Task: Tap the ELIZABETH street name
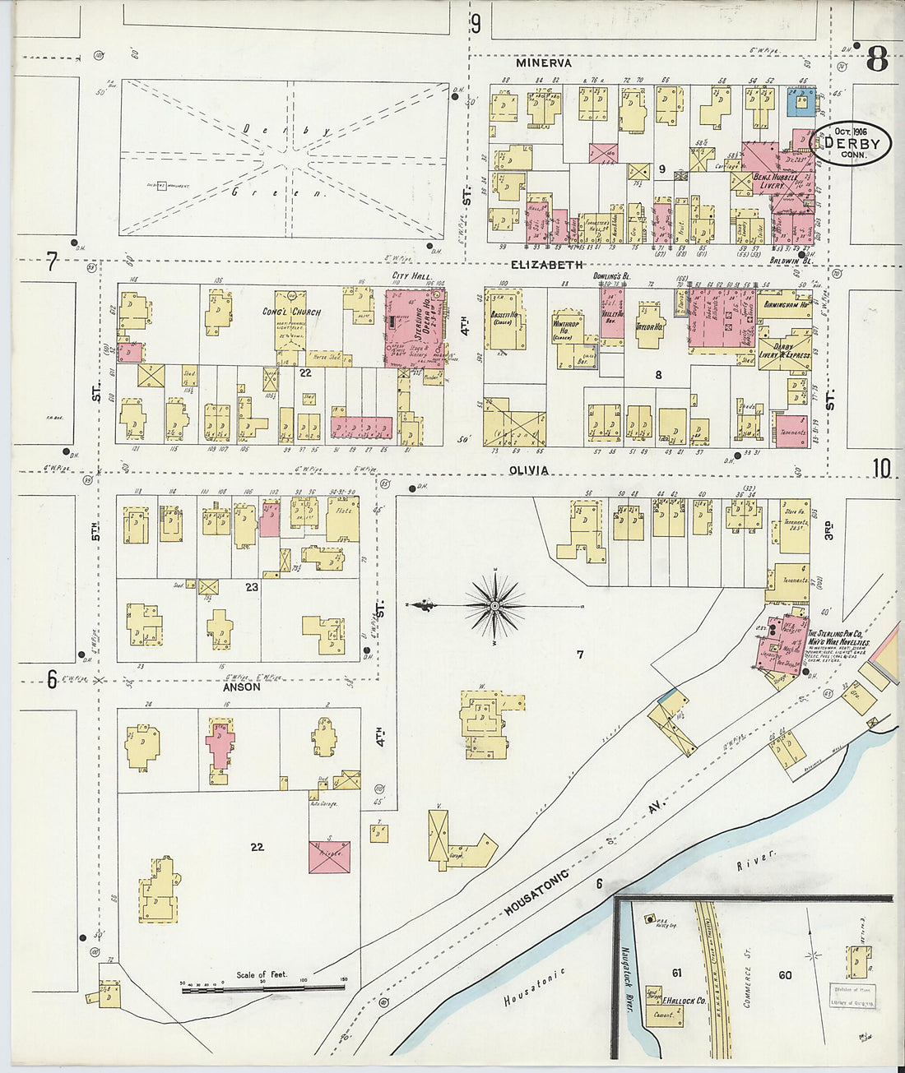546,265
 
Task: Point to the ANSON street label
241,687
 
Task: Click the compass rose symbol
494,607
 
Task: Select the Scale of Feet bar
262,983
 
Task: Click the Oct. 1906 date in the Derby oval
850,132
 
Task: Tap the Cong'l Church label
291,312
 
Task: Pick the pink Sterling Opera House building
416,326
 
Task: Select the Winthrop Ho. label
564,331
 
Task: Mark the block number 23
251,587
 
